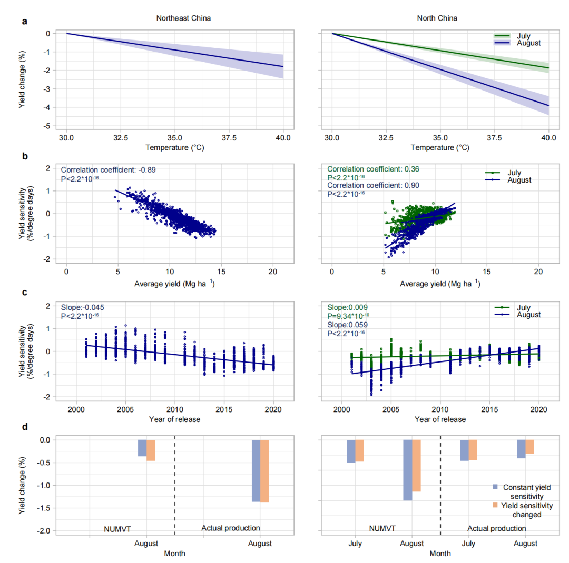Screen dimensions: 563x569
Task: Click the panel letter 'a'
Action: click(24, 22)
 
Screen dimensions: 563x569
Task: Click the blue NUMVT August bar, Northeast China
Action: click(142, 448)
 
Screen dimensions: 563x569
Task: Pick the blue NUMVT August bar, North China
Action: click(408, 470)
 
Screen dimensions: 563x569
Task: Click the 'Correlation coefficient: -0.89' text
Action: click(109, 170)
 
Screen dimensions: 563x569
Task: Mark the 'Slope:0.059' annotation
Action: click(345, 325)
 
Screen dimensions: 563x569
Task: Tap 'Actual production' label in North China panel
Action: click(497, 528)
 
